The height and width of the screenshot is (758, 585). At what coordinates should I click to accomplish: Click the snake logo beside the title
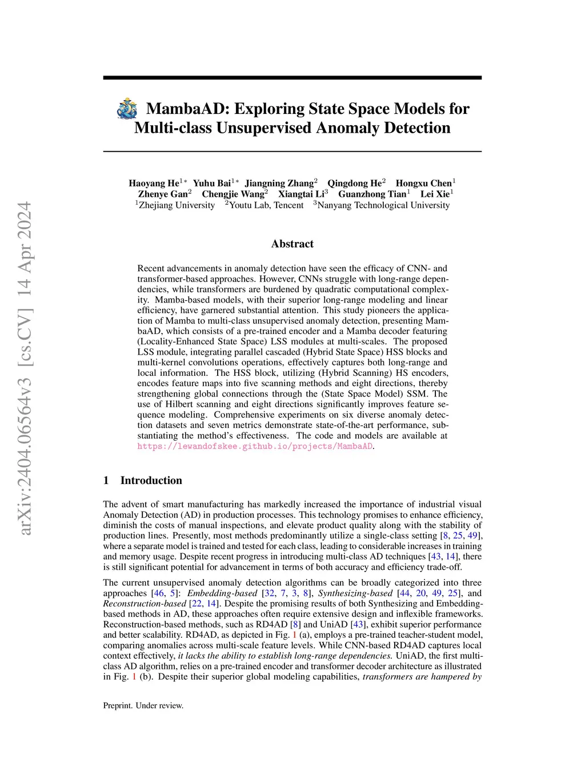127,109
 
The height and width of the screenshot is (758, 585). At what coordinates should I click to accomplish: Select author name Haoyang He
154,183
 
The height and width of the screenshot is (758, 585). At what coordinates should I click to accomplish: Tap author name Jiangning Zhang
279,183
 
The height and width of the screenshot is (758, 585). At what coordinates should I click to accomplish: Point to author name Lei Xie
435,194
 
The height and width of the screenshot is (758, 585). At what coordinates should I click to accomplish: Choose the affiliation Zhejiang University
177,205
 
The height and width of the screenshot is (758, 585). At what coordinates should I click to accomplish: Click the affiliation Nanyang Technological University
383,205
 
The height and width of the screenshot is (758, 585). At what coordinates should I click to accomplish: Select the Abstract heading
292,244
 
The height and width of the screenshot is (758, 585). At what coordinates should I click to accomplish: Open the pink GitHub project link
255,446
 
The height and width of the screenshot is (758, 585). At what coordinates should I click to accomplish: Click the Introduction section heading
151,481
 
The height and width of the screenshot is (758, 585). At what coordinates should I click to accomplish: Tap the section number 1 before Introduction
106,481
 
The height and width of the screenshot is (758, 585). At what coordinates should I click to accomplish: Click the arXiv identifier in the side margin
25,369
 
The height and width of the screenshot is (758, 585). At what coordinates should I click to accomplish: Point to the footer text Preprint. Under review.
143,705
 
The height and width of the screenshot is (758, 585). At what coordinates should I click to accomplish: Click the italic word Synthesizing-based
355,593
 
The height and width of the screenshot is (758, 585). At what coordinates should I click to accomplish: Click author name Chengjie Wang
233,194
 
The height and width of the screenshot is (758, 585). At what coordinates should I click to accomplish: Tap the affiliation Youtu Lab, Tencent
266,205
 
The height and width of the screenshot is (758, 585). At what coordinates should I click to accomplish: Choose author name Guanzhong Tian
372,194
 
